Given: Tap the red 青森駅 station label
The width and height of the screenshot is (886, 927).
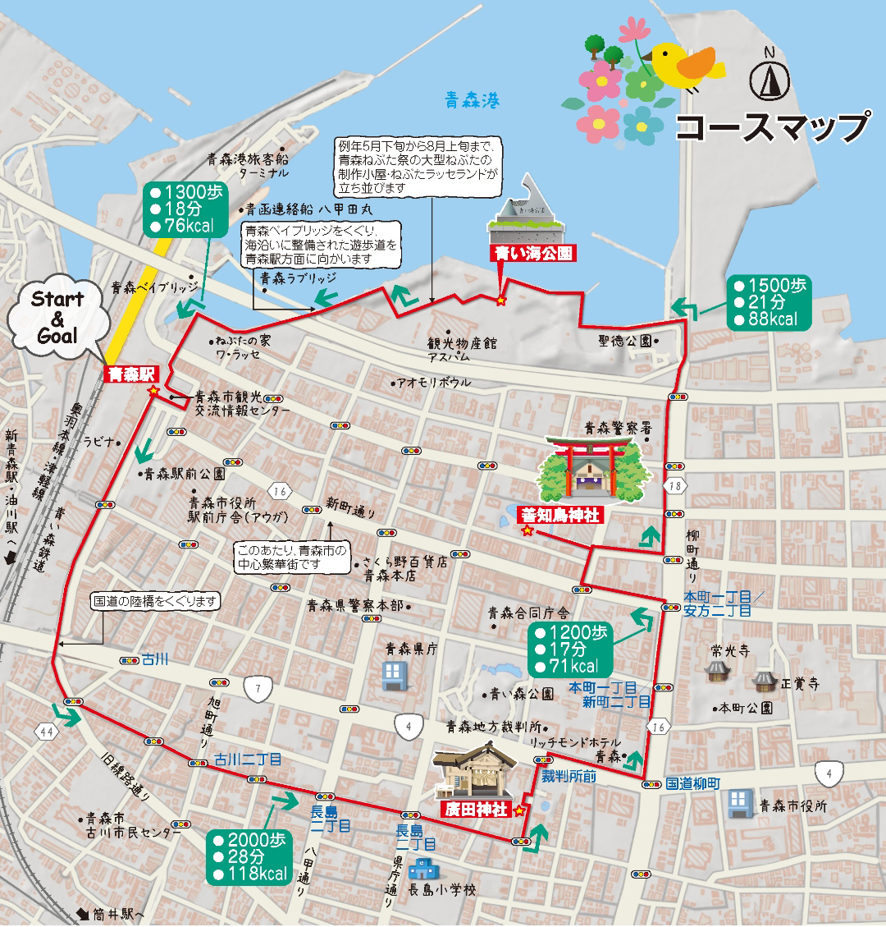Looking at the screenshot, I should (x=131, y=374).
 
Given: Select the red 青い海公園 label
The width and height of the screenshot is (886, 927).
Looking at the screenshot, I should (x=532, y=253).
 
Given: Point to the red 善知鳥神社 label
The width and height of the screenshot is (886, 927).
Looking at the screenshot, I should (x=566, y=516).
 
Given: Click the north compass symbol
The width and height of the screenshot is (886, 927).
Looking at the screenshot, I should (x=769, y=76).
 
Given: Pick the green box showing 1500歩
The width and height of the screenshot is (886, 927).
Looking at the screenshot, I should (x=770, y=302).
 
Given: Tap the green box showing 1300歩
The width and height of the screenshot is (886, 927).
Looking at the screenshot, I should (x=185, y=209).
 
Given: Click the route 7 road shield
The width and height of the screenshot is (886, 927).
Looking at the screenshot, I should (x=258, y=689).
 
